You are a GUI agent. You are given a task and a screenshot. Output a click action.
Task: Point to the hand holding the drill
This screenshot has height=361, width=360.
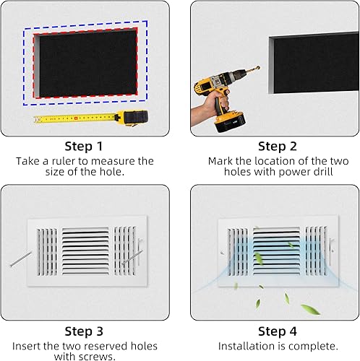(203, 108)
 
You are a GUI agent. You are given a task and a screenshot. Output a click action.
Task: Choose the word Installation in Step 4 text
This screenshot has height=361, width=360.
(246, 347)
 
